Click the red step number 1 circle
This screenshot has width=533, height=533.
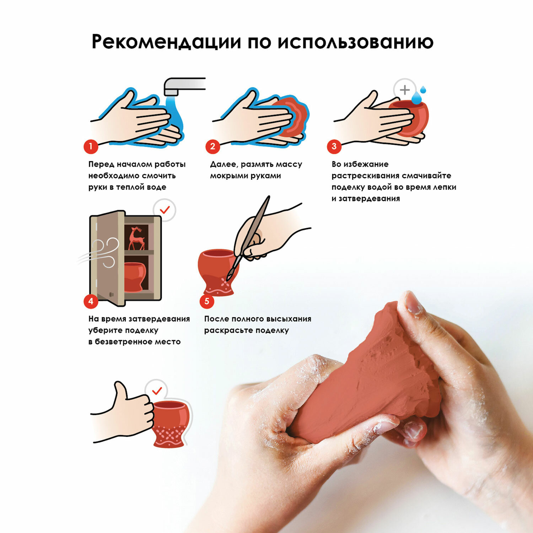click(x=91, y=146)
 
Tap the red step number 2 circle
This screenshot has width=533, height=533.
click(x=212, y=146)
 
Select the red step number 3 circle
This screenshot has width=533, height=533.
click(x=334, y=146)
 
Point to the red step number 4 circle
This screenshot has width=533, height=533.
click(x=91, y=301)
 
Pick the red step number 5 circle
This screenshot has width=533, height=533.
click(x=207, y=301)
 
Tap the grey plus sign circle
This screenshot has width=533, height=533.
click(x=405, y=90)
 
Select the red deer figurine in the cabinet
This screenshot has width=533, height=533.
click(x=136, y=238)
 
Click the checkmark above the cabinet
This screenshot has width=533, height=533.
click(x=165, y=210)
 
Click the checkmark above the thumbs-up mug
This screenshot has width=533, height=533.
click(x=157, y=391)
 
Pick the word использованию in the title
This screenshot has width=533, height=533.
click(x=355, y=42)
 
